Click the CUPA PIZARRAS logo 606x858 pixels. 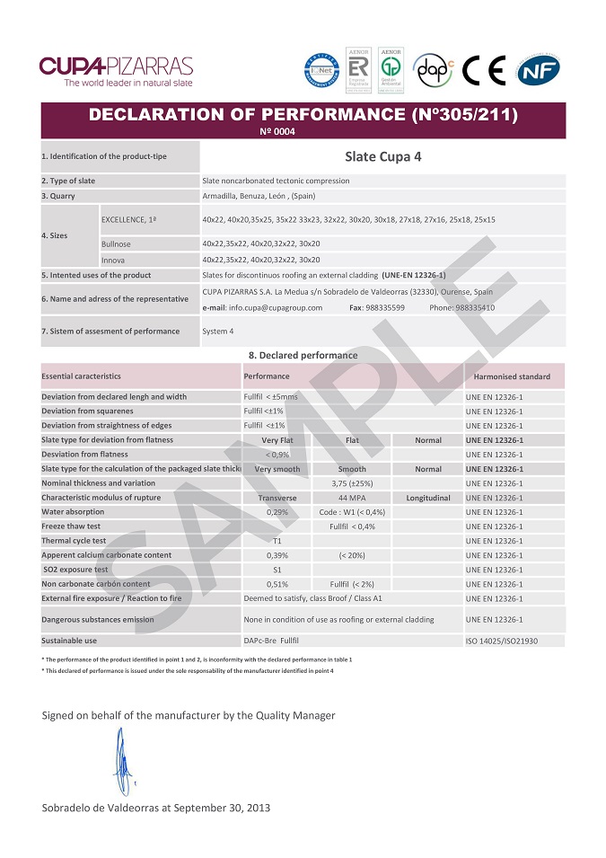pos(116,71)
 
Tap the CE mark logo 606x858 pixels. pos(485,71)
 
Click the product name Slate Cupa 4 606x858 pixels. pos(383,155)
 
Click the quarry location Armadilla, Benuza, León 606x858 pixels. pos(259,196)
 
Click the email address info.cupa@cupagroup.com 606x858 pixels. pos(263,307)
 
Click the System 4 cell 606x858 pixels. pos(218,332)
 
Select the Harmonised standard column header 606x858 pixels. pos(512,376)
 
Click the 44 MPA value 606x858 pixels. pos(351,498)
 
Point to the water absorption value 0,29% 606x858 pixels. pos(277,512)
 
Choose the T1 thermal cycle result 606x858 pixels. pos(277,541)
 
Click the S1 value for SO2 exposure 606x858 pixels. pos(277,570)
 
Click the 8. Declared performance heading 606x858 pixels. pos(303,355)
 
